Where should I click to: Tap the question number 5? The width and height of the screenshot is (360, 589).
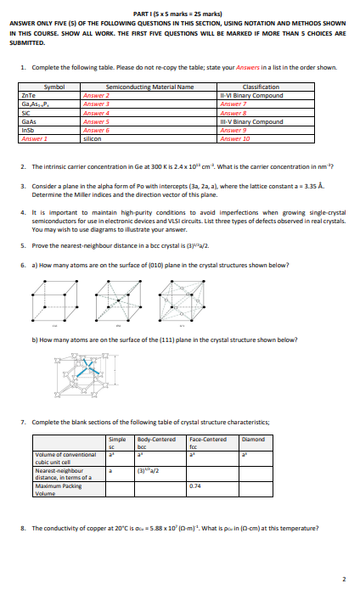pos(22,244)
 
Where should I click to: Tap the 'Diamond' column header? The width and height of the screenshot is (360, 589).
pos(254,439)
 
